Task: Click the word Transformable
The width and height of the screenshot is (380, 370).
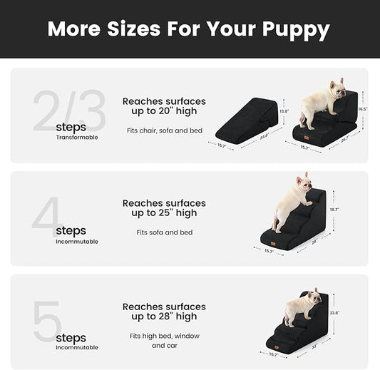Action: [x=77, y=137]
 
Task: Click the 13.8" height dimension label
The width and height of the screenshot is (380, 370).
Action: [x=283, y=111]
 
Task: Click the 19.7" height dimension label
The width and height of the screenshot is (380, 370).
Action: [x=333, y=210]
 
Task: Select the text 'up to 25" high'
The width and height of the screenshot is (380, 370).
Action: [x=164, y=212]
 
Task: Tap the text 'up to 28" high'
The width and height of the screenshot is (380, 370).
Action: [x=164, y=316]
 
